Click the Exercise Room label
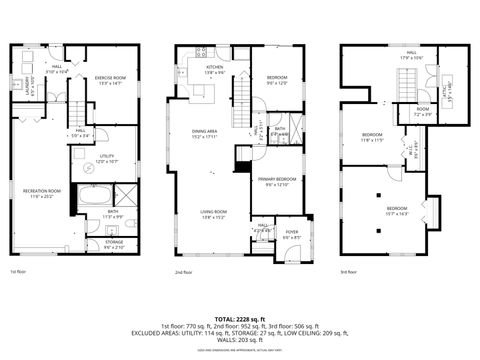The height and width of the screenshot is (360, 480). [110, 77]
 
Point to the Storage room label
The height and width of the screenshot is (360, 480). [112, 242]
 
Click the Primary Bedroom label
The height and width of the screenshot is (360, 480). [277, 181]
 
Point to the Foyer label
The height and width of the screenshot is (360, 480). [292, 233]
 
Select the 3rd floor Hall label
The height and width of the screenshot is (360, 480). [411, 54]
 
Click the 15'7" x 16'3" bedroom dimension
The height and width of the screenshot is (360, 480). [397, 213]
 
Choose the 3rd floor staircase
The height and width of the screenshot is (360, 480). [408, 91]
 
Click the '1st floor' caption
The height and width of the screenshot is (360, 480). [18, 271]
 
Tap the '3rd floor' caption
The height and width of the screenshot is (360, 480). [349, 271]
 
